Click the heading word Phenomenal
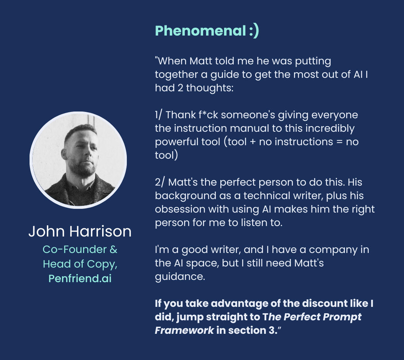201,31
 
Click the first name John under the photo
47,231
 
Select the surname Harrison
101,231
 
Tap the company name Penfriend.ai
80,278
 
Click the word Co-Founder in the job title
74,250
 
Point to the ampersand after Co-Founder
114,250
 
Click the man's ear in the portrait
64,154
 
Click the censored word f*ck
208,115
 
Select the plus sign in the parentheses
252,142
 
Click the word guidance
180,277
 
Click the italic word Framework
184,330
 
